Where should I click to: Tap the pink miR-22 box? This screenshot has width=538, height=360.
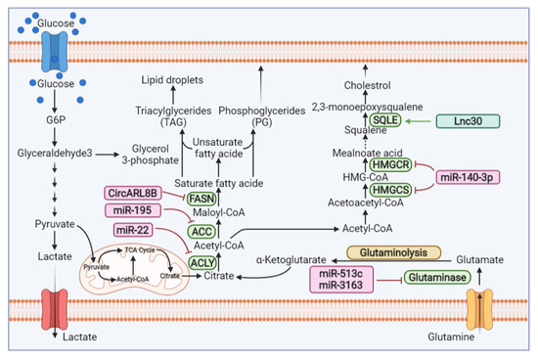click(x=140, y=230)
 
